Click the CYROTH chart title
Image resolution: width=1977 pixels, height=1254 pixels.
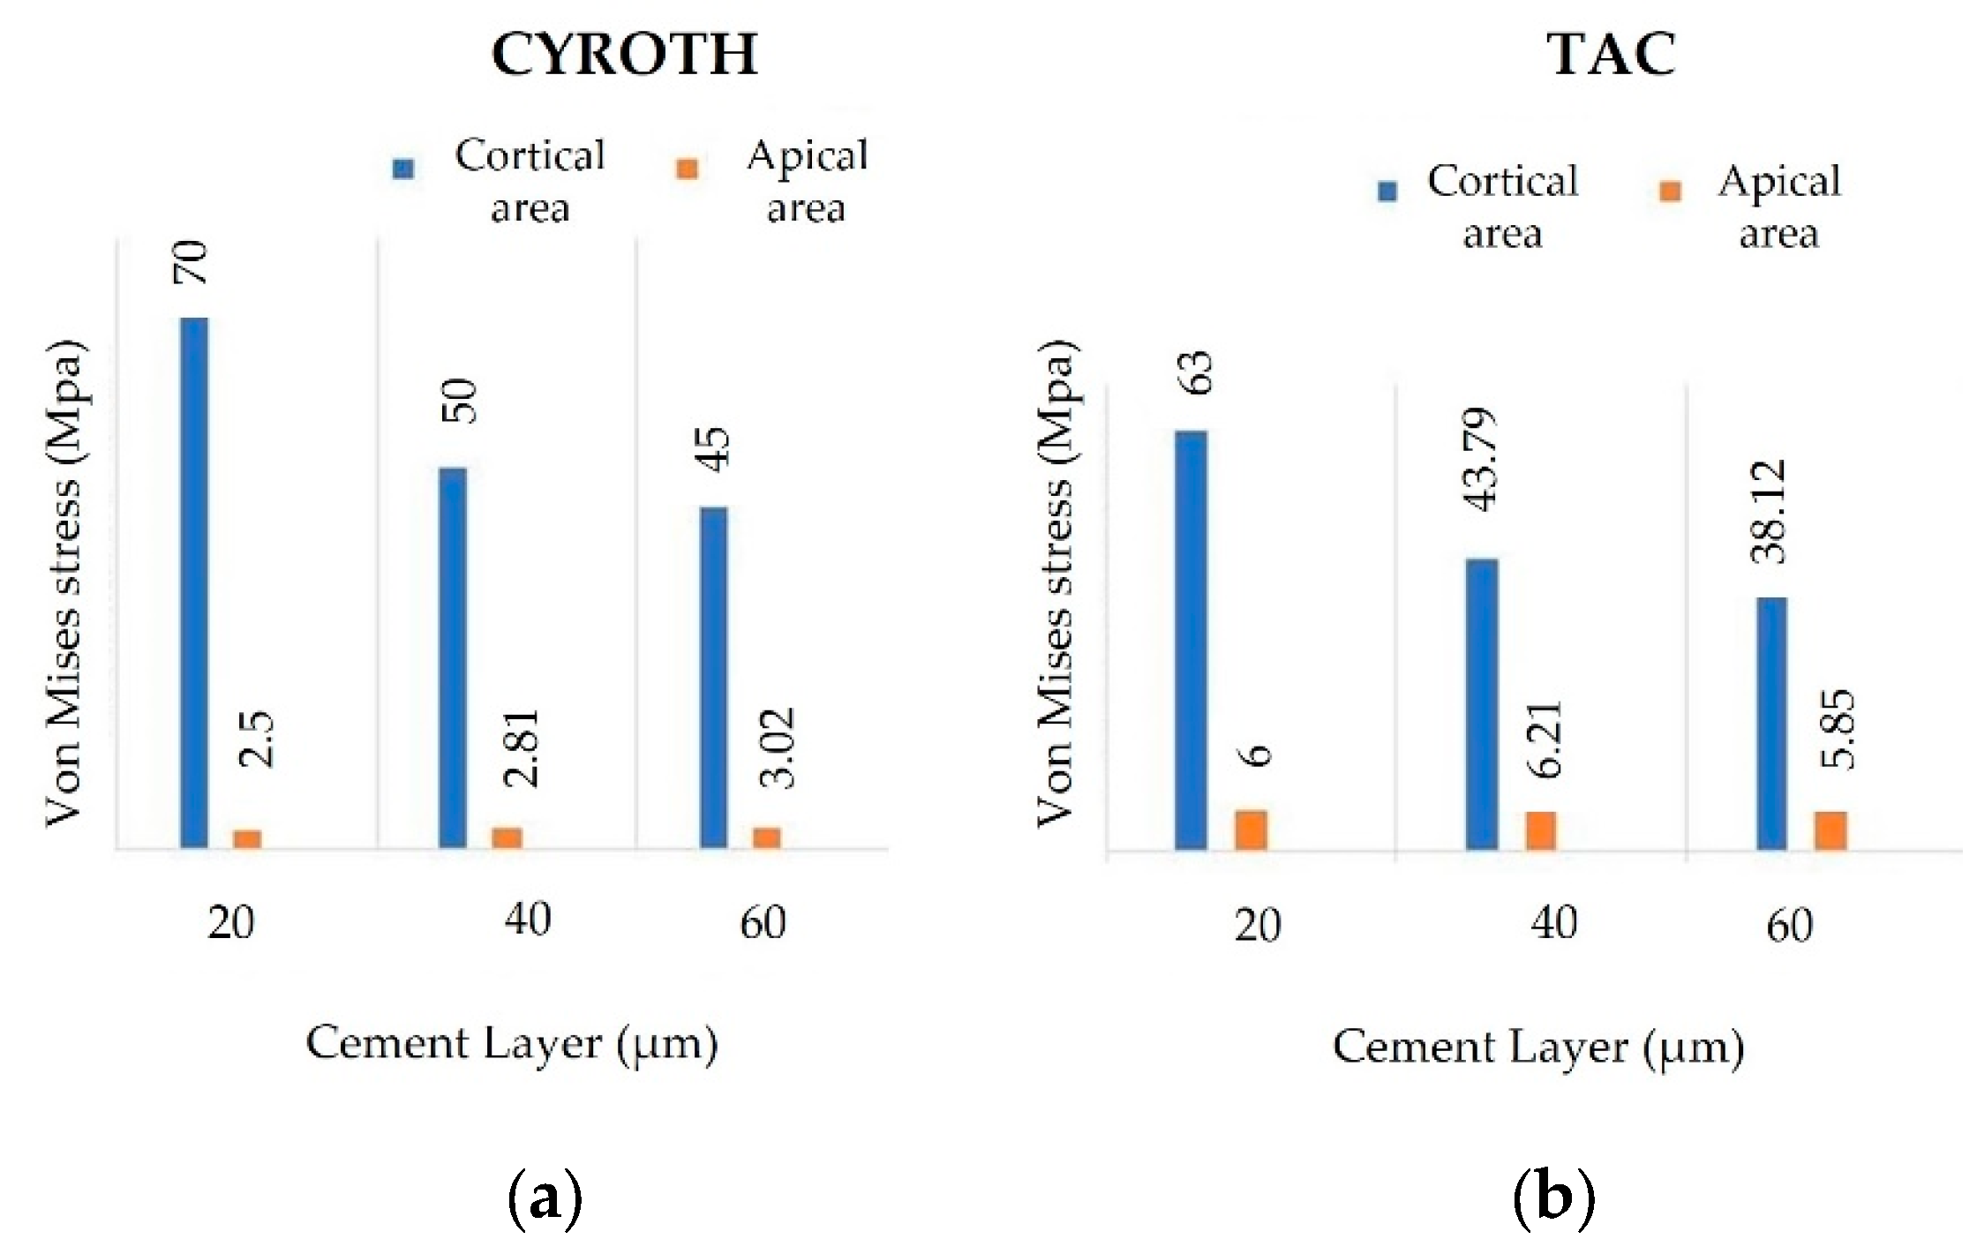tap(624, 55)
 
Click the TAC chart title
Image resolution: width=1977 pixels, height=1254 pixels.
tap(1612, 55)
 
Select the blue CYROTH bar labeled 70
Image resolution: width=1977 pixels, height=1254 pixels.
tap(194, 582)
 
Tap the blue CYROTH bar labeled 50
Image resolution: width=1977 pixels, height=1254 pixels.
tap(453, 657)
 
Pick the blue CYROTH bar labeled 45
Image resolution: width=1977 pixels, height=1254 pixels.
tap(714, 677)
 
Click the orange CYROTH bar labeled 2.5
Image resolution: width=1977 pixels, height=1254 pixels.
tap(247, 838)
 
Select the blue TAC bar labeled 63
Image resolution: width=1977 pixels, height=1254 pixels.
tap(1191, 640)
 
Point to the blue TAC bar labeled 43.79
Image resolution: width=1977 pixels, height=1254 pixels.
tap(1482, 703)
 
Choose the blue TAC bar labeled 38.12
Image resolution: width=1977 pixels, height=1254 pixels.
tap(1771, 724)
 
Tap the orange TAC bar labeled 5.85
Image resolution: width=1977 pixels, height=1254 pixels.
tap(1830, 830)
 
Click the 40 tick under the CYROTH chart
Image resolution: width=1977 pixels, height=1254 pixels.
tap(528, 920)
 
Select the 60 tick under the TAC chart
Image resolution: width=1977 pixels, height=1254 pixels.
tap(1789, 925)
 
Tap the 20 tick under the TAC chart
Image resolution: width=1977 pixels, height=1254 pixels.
tap(1257, 925)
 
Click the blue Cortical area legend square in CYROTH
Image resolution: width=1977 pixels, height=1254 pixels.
tap(403, 169)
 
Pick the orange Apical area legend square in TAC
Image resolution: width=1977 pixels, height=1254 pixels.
tap(1670, 191)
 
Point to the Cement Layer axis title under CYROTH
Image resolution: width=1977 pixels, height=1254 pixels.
tap(512, 1045)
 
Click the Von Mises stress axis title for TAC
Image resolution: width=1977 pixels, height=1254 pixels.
tap(1056, 582)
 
